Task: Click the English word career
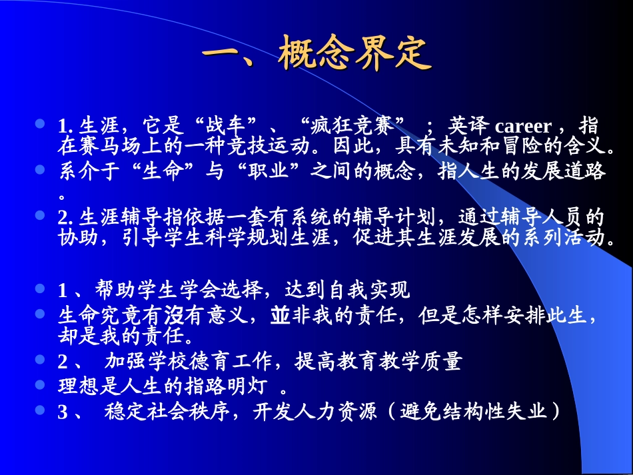524,127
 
